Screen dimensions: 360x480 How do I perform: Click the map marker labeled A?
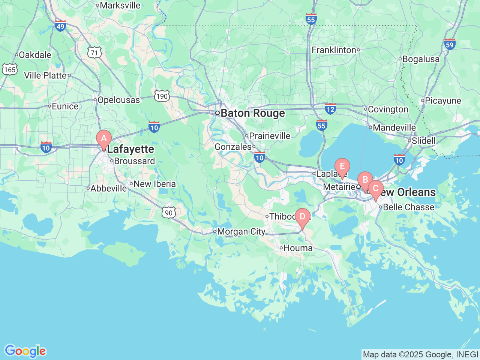(x=104, y=139)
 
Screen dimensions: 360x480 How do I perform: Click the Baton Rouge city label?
(x=252, y=113)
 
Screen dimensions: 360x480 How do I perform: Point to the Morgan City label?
(x=241, y=232)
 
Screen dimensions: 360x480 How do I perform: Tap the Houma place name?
(x=298, y=248)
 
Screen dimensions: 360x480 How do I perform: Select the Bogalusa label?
(x=421, y=59)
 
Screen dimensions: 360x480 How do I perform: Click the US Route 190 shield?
(x=162, y=96)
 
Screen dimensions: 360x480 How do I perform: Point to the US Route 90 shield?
(x=169, y=213)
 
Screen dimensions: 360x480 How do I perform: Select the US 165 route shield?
(x=9, y=69)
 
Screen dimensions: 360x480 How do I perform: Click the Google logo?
(x=25, y=351)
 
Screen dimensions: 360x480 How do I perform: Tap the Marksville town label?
(x=120, y=6)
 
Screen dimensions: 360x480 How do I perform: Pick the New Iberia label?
(x=154, y=184)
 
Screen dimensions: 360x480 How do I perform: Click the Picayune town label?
(x=443, y=100)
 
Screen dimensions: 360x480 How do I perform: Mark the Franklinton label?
(x=334, y=50)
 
